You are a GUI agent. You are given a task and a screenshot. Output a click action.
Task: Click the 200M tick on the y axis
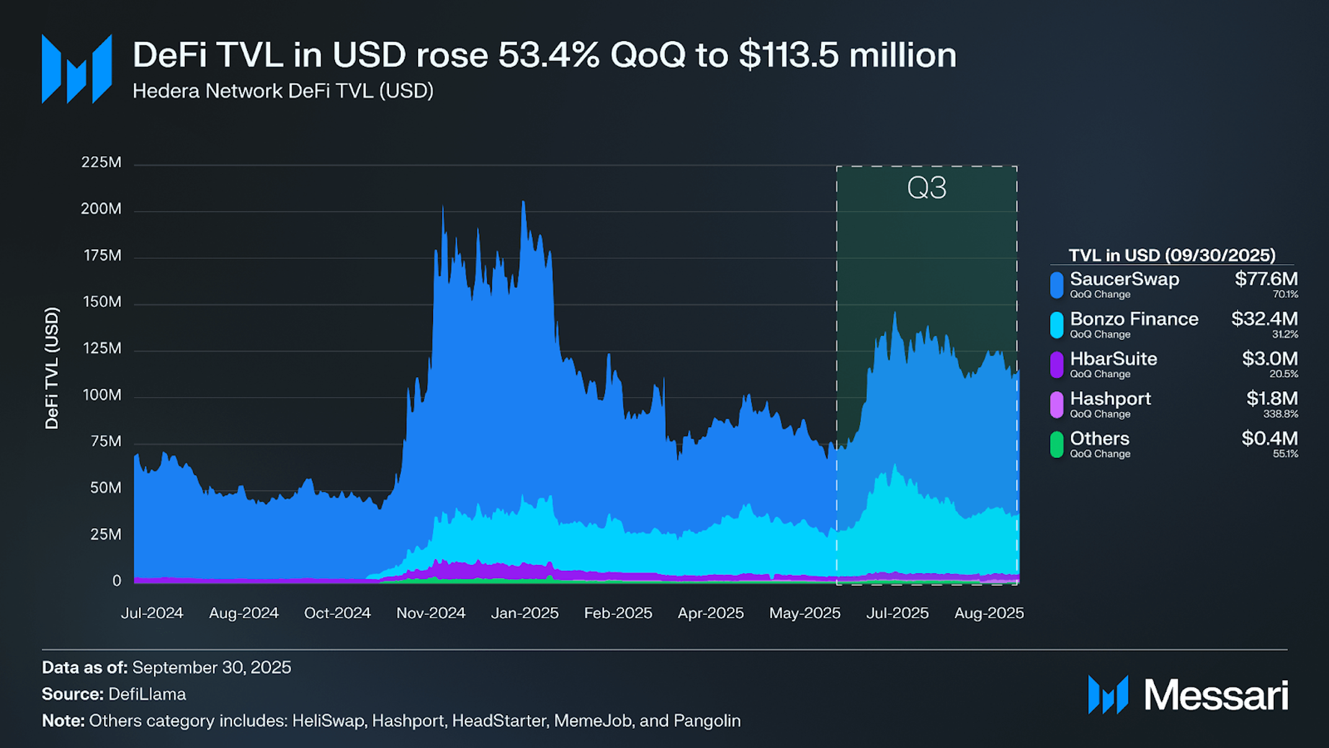pyautogui.click(x=101, y=209)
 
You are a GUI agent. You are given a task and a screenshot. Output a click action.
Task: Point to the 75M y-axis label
pyautogui.click(x=105, y=442)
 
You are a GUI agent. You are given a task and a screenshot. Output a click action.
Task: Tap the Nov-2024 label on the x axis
pyautogui.click(x=431, y=613)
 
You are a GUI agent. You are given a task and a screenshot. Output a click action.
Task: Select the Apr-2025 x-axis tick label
pyautogui.click(x=710, y=613)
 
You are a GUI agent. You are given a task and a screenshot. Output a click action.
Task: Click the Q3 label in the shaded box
pyautogui.click(x=926, y=188)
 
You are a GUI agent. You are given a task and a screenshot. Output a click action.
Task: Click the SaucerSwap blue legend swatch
pyautogui.click(x=1057, y=285)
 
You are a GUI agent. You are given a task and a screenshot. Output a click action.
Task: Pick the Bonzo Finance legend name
pyautogui.click(x=1134, y=319)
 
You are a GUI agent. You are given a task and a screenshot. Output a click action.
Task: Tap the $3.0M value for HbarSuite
pyautogui.click(x=1269, y=358)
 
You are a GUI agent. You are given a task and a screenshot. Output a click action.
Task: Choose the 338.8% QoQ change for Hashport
pyautogui.click(x=1281, y=414)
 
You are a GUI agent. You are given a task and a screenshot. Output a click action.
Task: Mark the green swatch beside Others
pyautogui.click(x=1057, y=445)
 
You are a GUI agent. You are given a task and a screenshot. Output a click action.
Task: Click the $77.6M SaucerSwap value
pyautogui.click(x=1266, y=279)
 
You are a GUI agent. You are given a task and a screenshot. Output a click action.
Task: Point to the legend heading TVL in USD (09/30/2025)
pyautogui.click(x=1171, y=256)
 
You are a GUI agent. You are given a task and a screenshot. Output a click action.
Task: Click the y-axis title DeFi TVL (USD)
pyautogui.click(x=52, y=368)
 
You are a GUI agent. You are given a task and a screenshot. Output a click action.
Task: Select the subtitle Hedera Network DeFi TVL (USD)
pyautogui.click(x=283, y=91)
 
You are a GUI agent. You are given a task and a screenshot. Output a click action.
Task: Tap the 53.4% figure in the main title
pyautogui.click(x=548, y=55)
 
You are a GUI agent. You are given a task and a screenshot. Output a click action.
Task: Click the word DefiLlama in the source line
pyautogui.click(x=147, y=694)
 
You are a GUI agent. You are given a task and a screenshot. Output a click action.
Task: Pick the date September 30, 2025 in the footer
pyautogui.click(x=212, y=667)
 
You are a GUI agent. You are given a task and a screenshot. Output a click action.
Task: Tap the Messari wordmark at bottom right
pyautogui.click(x=1215, y=695)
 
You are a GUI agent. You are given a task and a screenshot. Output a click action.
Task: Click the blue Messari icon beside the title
pyautogui.click(x=76, y=68)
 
